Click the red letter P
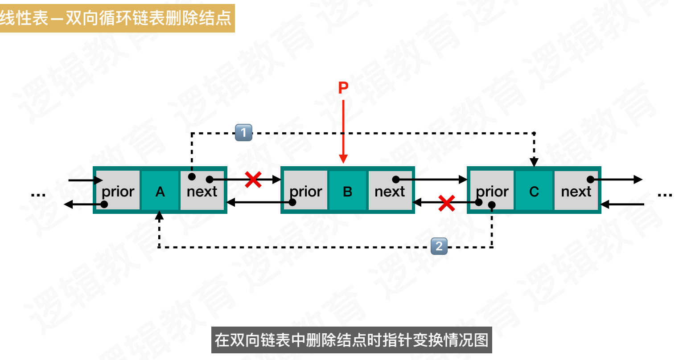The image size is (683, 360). click(x=343, y=88)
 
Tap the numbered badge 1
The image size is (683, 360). click(x=243, y=132)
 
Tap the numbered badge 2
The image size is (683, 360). click(x=439, y=246)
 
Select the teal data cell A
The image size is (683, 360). click(x=160, y=191)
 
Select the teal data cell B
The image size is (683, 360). click(x=347, y=191)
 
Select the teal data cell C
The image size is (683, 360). click(x=534, y=191)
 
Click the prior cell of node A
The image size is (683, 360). click(x=118, y=191)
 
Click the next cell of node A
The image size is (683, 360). click(x=202, y=191)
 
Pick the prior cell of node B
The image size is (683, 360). click(x=305, y=191)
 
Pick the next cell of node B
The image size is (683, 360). click(x=390, y=191)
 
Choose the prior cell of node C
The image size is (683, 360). click(x=492, y=191)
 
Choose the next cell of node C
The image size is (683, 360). click(x=576, y=191)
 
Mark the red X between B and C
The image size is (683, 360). click(x=446, y=203)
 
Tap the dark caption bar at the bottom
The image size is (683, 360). click(x=352, y=340)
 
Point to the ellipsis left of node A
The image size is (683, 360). click(x=38, y=194)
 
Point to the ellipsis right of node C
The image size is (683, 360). click(x=664, y=194)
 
